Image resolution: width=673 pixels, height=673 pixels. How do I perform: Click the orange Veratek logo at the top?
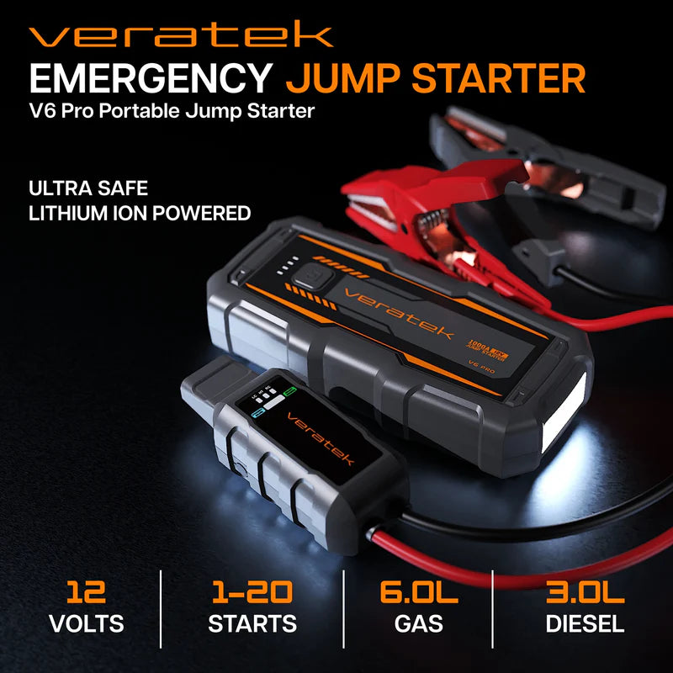[181, 35]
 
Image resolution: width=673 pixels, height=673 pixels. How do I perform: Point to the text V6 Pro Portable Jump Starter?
[172, 110]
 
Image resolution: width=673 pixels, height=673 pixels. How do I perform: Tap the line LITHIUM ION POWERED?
[140, 213]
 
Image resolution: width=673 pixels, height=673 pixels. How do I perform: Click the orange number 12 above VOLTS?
[87, 592]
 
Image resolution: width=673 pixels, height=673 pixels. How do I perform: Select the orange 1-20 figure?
[252, 592]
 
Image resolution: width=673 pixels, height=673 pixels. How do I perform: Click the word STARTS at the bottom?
[252, 623]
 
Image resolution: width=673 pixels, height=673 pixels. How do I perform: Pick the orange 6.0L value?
[418, 592]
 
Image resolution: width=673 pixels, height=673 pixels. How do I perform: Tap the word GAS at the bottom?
[418, 623]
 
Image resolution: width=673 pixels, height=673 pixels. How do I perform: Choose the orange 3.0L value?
[585, 592]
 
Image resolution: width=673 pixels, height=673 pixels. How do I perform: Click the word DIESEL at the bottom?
[585, 623]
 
